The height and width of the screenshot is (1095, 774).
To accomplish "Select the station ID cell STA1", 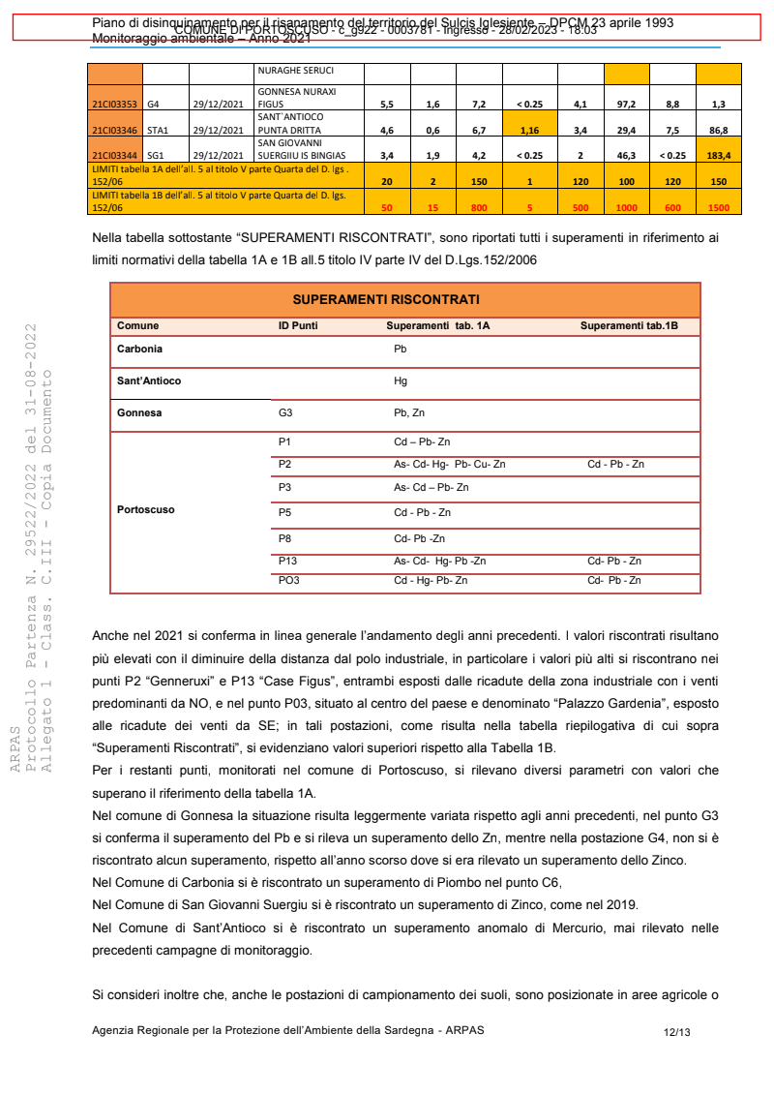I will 158,129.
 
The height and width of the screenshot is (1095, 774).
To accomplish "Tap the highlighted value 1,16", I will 529,129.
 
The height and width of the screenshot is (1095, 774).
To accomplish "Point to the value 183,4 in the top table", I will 718,154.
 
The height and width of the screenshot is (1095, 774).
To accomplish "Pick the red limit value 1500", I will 718,206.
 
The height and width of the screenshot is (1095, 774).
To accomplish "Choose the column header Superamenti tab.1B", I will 629,326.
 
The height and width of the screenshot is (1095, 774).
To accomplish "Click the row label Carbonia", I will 139,349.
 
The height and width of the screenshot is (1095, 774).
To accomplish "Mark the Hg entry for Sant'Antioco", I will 401,380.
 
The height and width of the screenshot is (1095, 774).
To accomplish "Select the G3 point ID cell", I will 285,413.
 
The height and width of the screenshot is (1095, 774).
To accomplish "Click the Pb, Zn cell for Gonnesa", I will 409,413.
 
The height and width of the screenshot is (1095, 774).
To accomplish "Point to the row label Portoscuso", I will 146,509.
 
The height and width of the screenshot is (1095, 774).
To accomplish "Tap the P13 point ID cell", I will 287,561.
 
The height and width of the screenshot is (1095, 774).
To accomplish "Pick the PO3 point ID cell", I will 288,581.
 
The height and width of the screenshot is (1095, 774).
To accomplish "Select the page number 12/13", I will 676,1032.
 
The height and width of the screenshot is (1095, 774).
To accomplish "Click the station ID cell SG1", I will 157,154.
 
